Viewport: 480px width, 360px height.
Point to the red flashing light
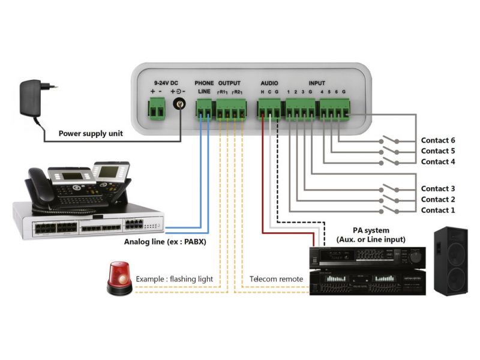coord(119,278)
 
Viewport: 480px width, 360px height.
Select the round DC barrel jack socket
coord(179,106)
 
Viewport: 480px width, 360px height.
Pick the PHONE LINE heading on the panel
coord(204,86)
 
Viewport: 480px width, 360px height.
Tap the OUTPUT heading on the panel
coord(229,82)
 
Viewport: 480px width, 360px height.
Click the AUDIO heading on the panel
coord(269,82)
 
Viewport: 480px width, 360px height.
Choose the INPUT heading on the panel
coord(317,82)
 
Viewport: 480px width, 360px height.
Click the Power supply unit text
coord(91,134)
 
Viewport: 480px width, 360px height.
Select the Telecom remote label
coord(273,280)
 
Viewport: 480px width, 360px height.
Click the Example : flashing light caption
coord(174,280)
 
